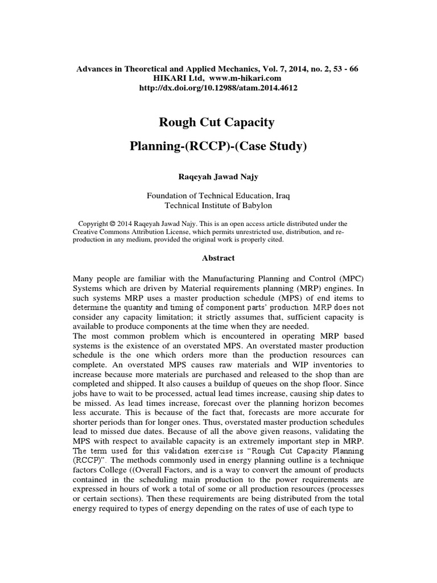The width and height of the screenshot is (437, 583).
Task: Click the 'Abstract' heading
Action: click(218, 258)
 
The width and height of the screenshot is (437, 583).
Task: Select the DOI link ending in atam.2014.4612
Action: click(218, 88)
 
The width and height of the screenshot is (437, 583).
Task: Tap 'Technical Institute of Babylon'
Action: click(218, 206)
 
